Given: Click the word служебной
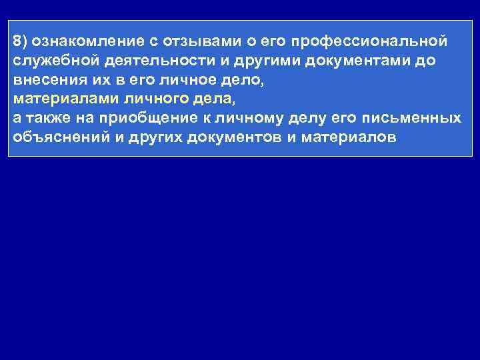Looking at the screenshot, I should coord(55,61).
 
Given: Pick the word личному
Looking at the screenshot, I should coord(263,119).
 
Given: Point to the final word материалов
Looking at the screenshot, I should coord(349,138).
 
